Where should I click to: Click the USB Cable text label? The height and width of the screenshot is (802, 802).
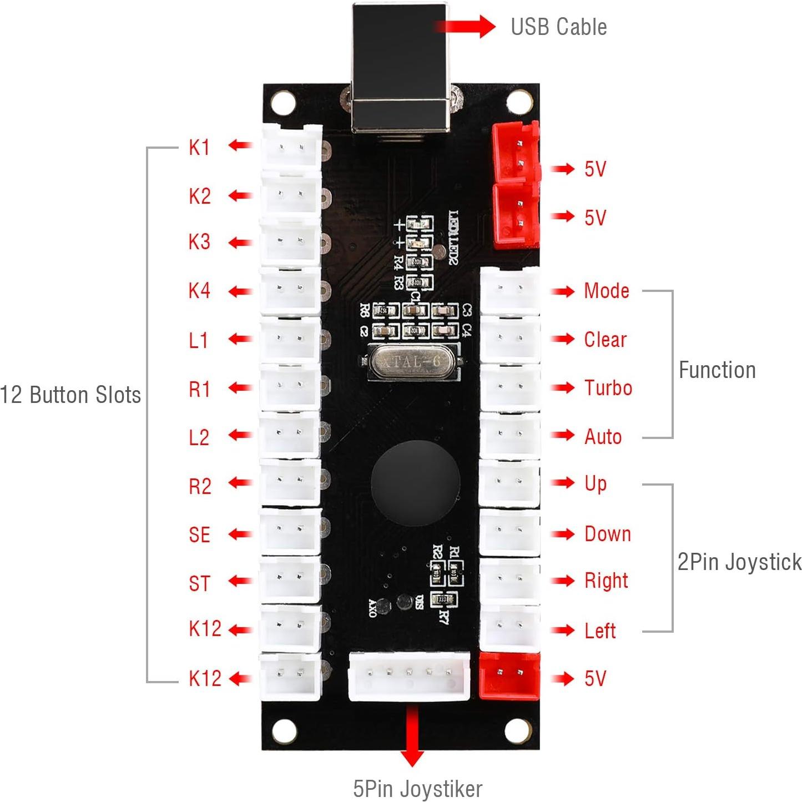(558, 27)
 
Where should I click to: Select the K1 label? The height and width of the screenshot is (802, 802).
(199, 147)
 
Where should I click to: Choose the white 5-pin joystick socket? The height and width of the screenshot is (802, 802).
(409, 675)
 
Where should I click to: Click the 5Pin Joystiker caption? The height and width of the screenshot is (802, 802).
(417, 788)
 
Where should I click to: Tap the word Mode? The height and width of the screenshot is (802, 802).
(607, 291)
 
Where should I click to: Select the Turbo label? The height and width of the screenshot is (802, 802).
(608, 388)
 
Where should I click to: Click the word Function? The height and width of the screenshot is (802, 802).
(717, 370)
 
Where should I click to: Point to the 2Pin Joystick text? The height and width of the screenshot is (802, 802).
(739, 562)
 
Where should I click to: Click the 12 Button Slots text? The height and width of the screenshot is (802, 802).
(70, 395)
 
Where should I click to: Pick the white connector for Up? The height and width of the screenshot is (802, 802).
(509, 483)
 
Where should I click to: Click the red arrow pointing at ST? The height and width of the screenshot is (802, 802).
(240, 581)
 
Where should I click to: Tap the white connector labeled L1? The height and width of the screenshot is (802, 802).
(290, 339)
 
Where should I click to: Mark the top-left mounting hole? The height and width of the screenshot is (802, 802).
(283, 102)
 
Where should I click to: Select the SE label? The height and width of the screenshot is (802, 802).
(199, 535)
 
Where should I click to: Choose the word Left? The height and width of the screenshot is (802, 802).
(600, 631)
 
